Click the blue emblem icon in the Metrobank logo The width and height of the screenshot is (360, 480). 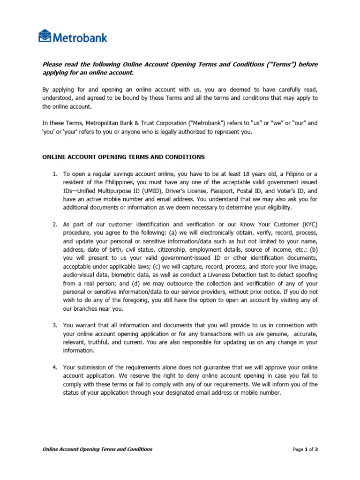(45, 36)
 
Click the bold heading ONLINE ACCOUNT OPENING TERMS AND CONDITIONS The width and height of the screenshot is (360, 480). (123, 157)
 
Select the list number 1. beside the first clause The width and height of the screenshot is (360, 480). (55, 174)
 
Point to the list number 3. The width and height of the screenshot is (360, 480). (55, 325)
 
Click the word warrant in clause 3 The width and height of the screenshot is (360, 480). (84, 325)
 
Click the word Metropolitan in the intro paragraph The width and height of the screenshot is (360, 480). (107, 123)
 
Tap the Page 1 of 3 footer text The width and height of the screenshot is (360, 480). (305, 449)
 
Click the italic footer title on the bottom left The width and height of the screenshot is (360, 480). (97, 449)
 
